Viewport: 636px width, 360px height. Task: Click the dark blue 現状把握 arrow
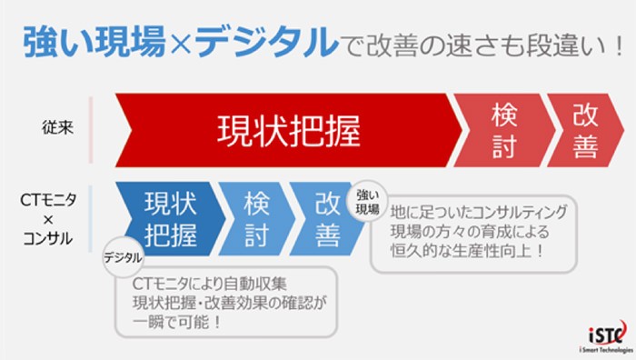click(x=169, y=217)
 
